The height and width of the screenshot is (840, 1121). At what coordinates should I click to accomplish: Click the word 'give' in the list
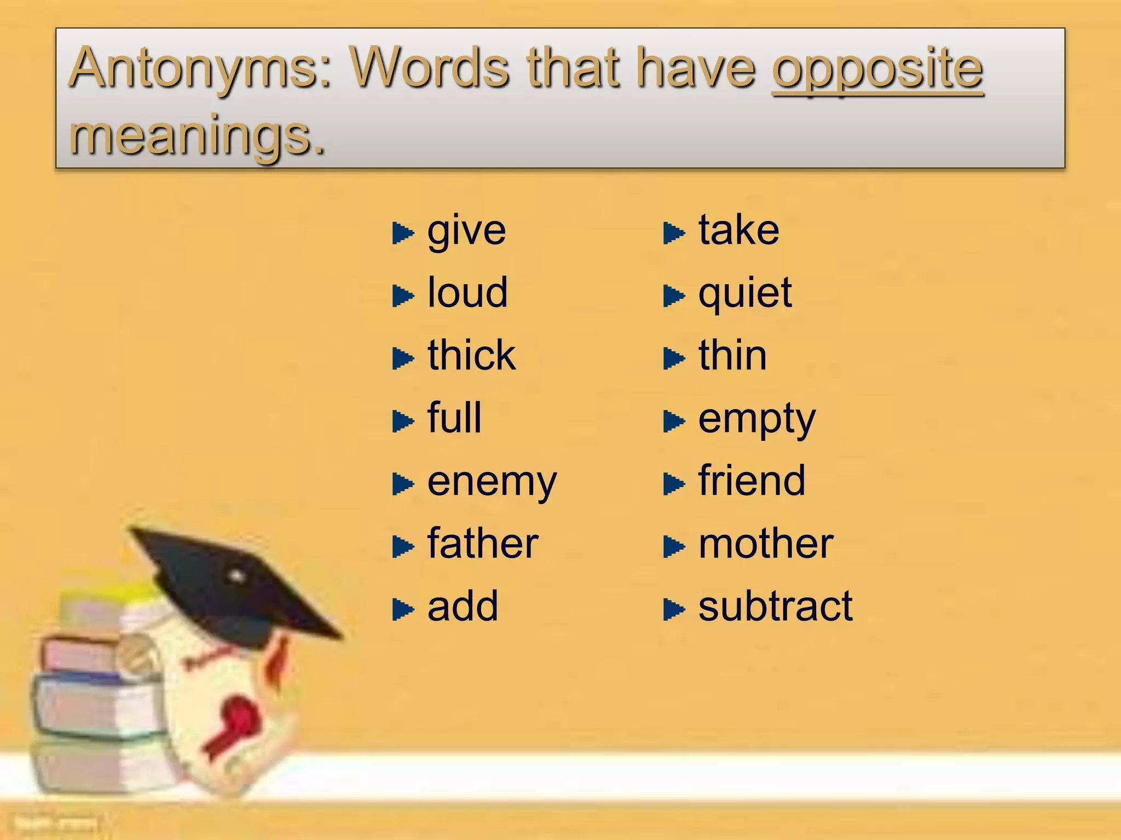[x=466, y=232]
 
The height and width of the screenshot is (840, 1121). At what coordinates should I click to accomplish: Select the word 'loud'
[x=467, y=293]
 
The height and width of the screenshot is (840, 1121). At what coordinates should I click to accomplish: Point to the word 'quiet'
[x=745, y=294]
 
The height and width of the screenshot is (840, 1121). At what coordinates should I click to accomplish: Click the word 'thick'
[x=471, y=355]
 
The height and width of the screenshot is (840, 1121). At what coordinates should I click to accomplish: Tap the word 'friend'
[x=752, y=481]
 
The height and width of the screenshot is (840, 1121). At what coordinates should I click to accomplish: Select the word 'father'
[x=483, y=544]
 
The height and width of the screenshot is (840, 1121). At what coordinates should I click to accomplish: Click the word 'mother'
[x=766, y=544]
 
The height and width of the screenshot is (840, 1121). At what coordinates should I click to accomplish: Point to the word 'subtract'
[x=775, y=606]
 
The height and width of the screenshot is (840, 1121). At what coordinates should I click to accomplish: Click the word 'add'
[x=463, y=606]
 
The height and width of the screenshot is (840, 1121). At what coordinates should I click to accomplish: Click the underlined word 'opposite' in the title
[x=877, y=69]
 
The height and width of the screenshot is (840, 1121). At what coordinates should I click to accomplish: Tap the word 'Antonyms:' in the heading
[x=201, y=69]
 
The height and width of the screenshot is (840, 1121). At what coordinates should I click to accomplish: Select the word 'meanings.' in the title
[x=198, y=136]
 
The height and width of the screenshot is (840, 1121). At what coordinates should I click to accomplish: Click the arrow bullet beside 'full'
[x=403, y=421]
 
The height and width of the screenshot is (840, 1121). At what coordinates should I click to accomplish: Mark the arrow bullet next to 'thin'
[x=673, y=359]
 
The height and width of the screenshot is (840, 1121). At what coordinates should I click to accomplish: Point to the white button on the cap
[x=236, y=575]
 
